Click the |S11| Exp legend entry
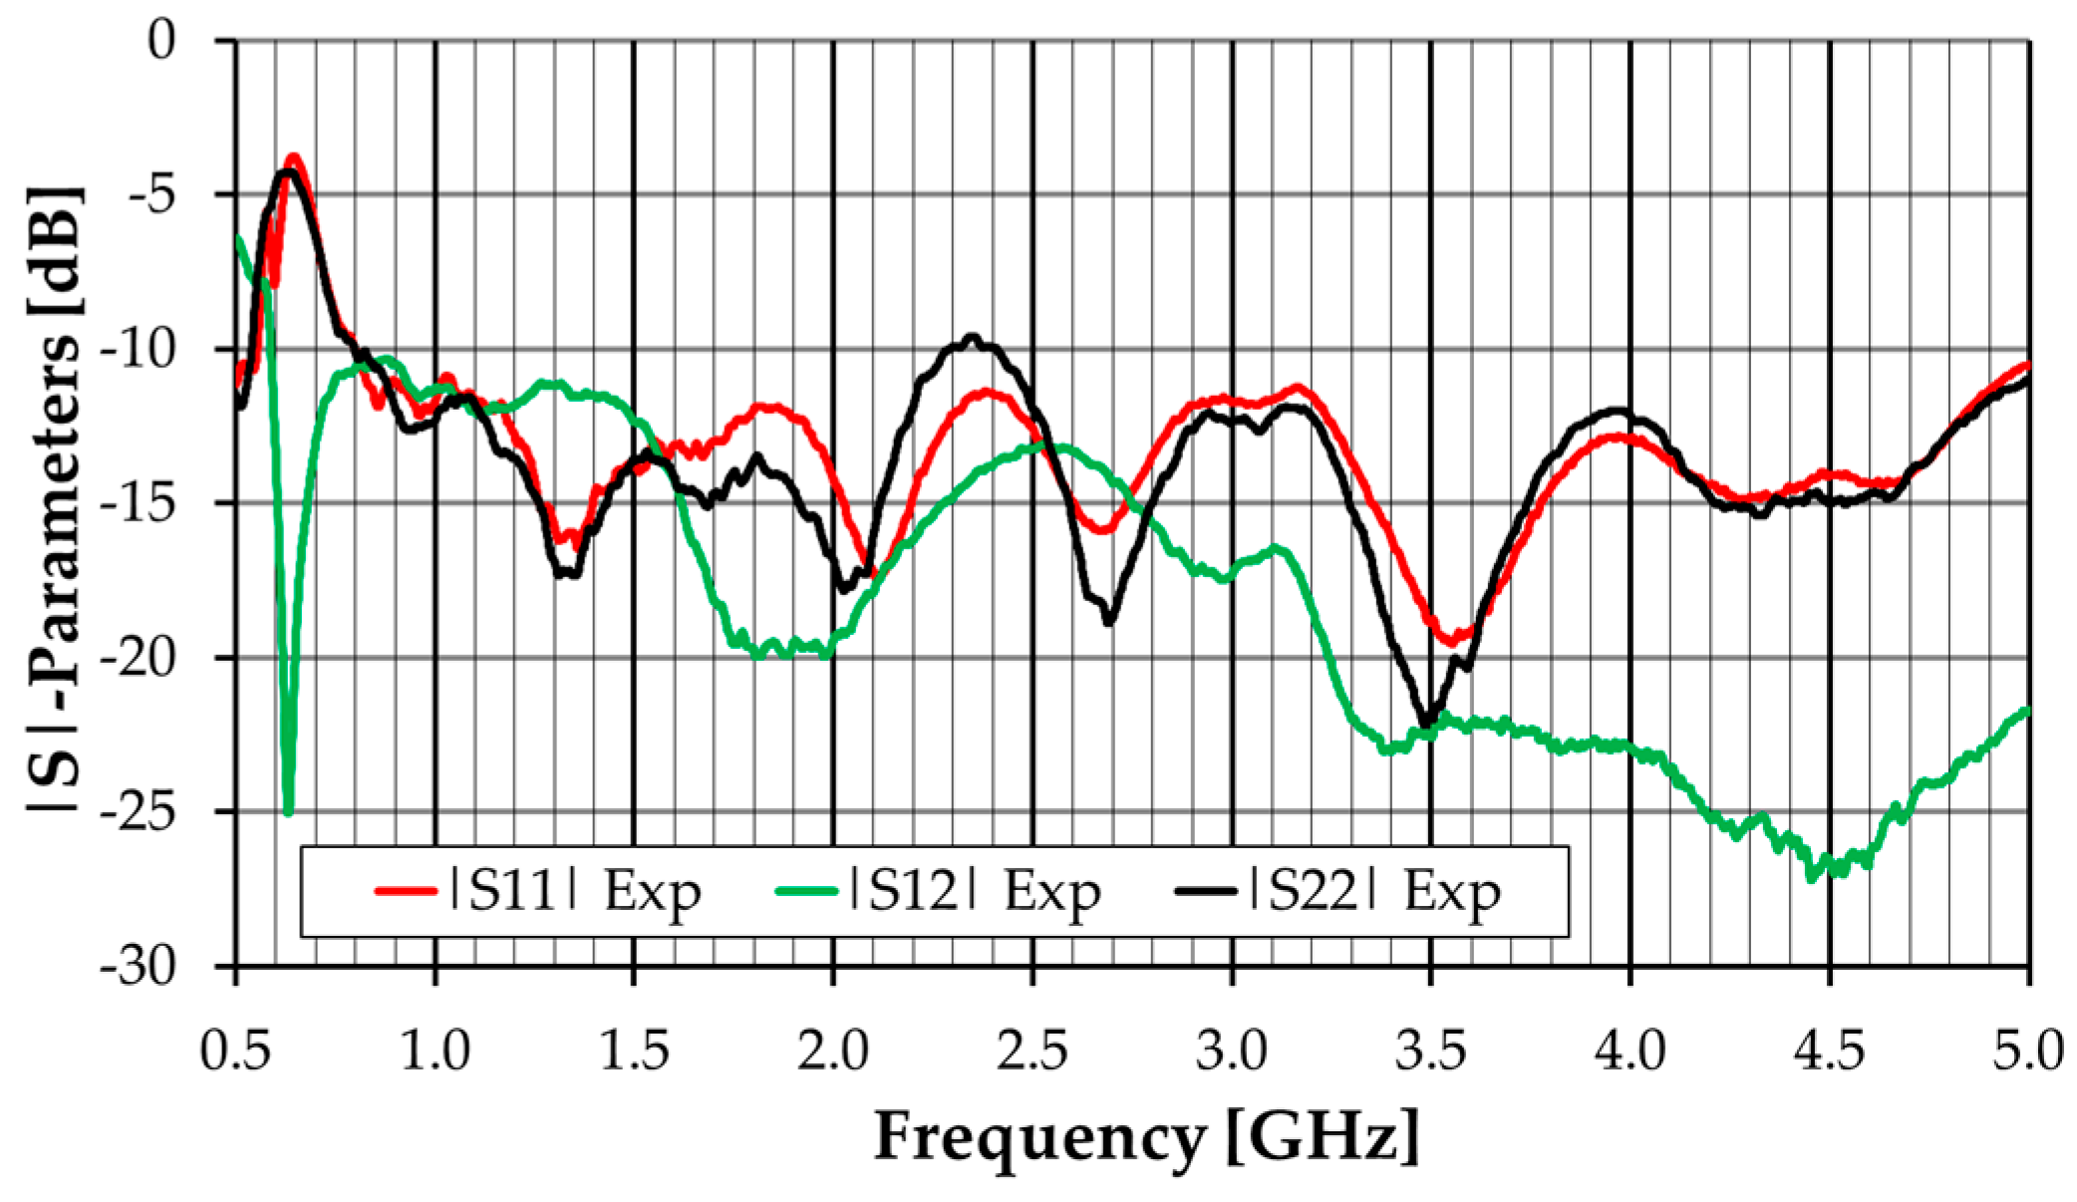[x=538, y=890]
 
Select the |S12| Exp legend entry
[x=938, y=890]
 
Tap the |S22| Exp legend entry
[x=1338, y=890]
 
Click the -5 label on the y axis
[x=150, y=194]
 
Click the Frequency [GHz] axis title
[x=1146, y=1137]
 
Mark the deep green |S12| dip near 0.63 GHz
[x=288, y=812]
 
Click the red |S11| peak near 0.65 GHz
[x=294, y=157]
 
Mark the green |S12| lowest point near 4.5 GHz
[x=1812, y=878]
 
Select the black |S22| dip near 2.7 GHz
[x=1109, y=622]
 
